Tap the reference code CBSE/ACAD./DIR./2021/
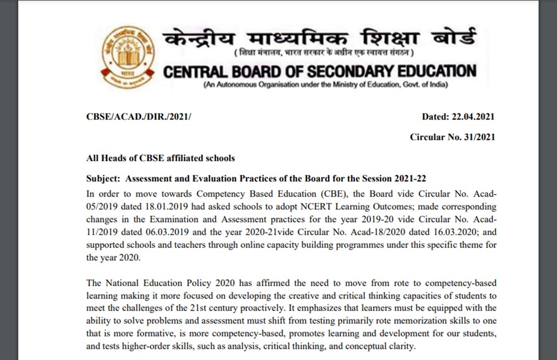139,117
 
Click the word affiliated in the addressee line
181,158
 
